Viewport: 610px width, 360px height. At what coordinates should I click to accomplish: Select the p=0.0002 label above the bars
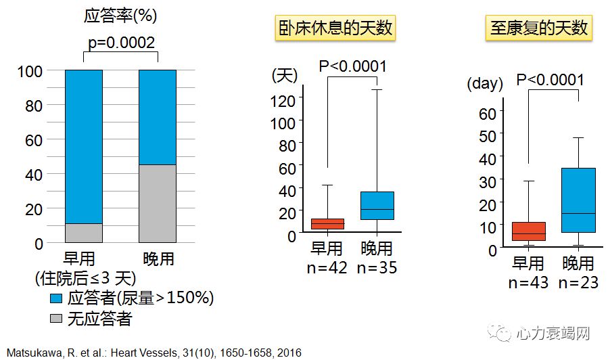tap(122, 43)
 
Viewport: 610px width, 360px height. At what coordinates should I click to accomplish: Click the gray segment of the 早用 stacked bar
tap(84, 233)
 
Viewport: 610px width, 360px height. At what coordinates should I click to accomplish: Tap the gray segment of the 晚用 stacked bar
tap(158, 204)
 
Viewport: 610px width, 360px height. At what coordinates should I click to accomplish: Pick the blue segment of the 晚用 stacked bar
tap(158, 117)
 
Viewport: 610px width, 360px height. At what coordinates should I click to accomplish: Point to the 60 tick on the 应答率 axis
tap(33, 140)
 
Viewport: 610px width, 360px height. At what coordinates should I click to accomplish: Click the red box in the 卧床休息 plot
tap(327, 223)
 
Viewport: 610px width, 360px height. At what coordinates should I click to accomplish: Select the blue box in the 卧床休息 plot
tap(377, 206)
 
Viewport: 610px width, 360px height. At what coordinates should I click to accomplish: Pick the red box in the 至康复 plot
tap(529, 231)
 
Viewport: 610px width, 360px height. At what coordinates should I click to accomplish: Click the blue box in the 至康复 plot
tap(578, 200)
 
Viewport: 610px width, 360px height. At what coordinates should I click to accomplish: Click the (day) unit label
tap(485, 84)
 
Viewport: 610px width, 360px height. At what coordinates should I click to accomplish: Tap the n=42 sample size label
tap(327, 267)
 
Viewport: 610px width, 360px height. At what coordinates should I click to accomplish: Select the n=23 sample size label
tap(578, 282)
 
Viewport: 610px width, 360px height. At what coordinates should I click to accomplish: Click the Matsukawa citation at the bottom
tap(154, 352)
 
